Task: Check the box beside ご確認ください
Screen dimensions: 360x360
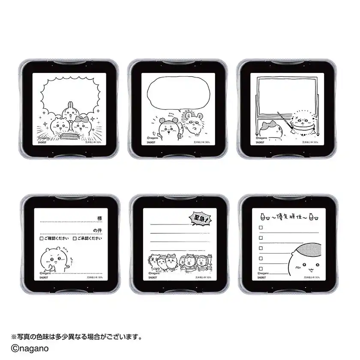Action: click(41, 238)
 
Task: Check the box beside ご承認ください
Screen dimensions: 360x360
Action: click(75, 238)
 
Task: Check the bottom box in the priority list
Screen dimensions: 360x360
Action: click(260, 266)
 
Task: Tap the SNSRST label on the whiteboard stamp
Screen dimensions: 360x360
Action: click(261, 143)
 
